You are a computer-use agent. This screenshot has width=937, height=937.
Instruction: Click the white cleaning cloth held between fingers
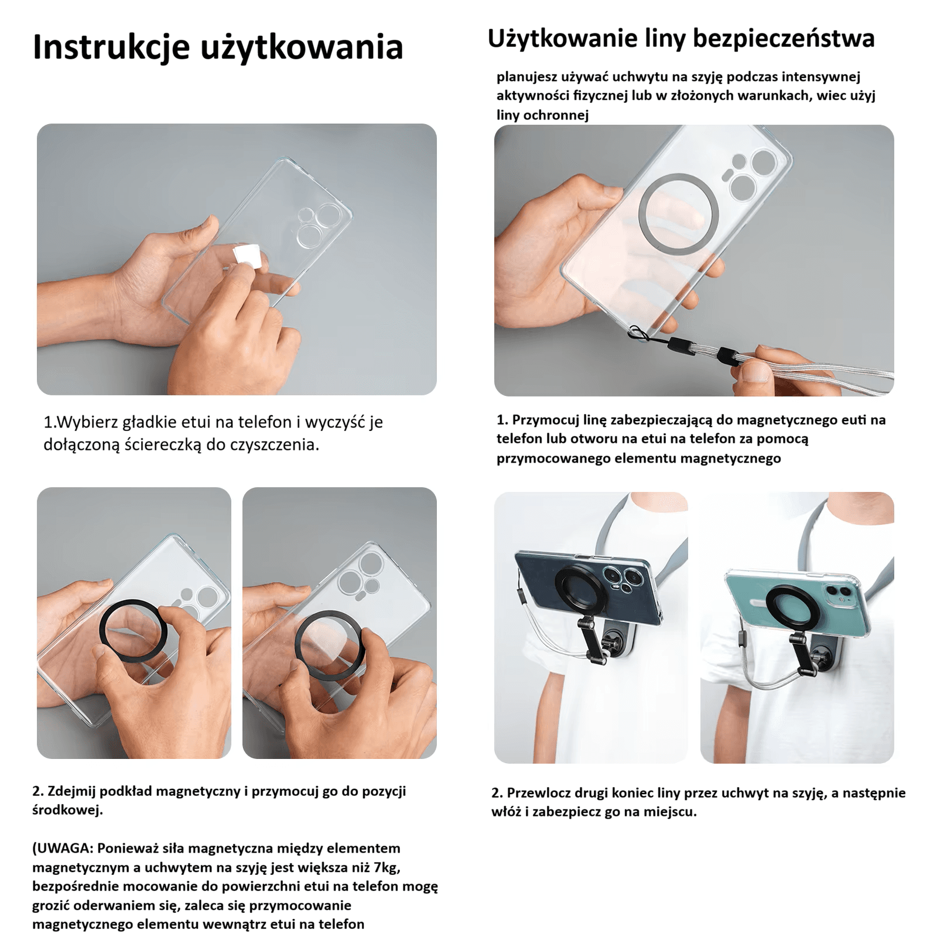pos(247,256)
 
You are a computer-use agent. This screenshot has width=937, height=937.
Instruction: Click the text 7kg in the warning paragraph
pos(388,867)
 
